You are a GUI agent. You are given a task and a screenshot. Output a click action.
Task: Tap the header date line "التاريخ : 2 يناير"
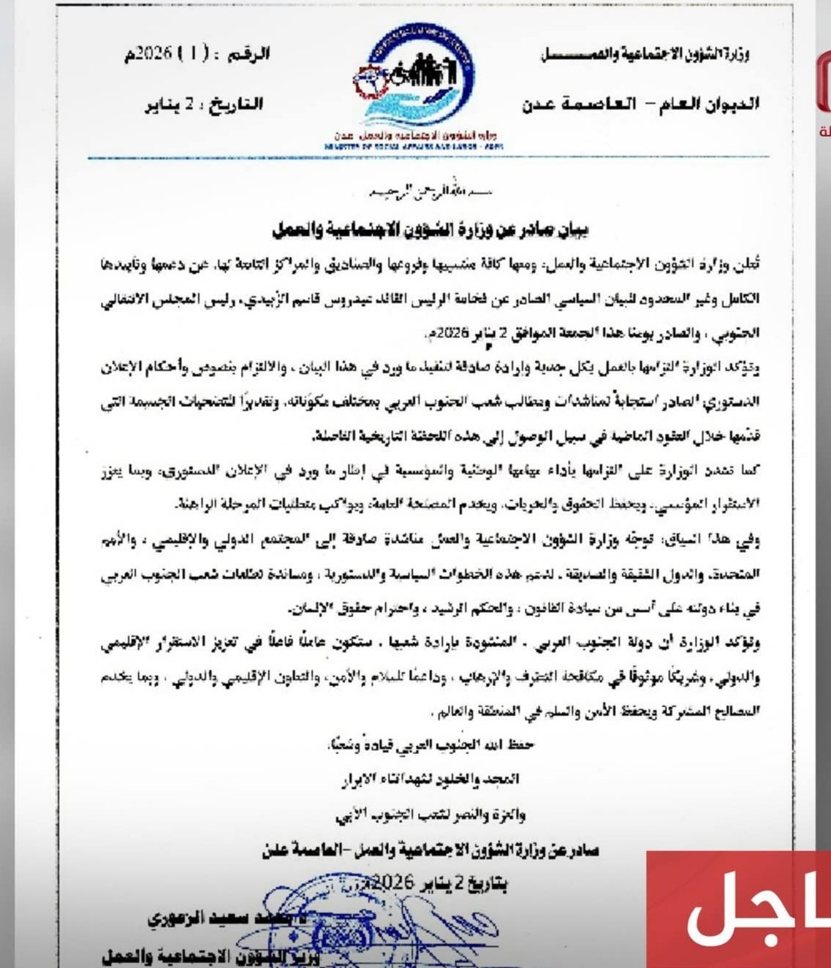[x=204, y=103]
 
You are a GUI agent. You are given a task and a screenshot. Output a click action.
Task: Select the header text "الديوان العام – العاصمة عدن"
[x=640, y=104]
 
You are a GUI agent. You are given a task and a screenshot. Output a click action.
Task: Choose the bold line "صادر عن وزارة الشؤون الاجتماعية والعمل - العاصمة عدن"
[x=431, y=850]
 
